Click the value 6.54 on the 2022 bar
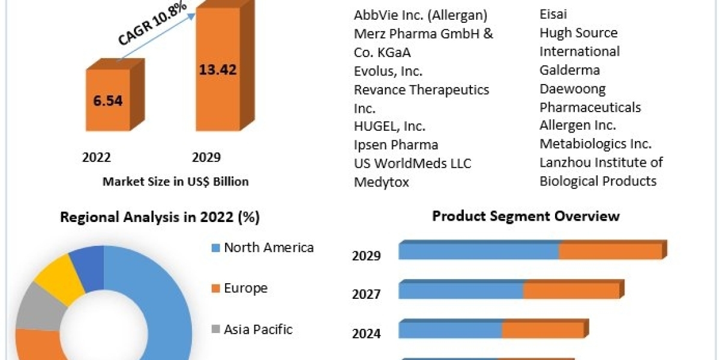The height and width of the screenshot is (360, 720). pos(108,100)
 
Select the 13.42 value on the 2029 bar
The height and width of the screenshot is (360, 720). pos(218,69)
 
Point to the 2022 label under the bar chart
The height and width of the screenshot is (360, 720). pos(97,157)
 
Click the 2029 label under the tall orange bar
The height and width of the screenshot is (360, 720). pos(206,157)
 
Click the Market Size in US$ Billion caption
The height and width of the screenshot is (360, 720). pos(175,181)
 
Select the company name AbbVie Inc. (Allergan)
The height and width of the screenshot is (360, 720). pos(421,15)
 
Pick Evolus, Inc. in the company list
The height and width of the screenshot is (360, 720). pos(388,71)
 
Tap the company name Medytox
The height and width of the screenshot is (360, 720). pos(382,182)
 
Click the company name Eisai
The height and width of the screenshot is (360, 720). pos(553,14)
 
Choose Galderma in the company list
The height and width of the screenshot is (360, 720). pos(569,70)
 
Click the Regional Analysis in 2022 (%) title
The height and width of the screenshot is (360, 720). pos(160,217)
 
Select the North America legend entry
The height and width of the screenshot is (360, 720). pos(268,247)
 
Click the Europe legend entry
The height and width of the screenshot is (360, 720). pos(245,288)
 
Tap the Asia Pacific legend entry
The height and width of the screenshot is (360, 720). pos(258,329)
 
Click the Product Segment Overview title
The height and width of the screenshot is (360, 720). pos(526,215)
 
